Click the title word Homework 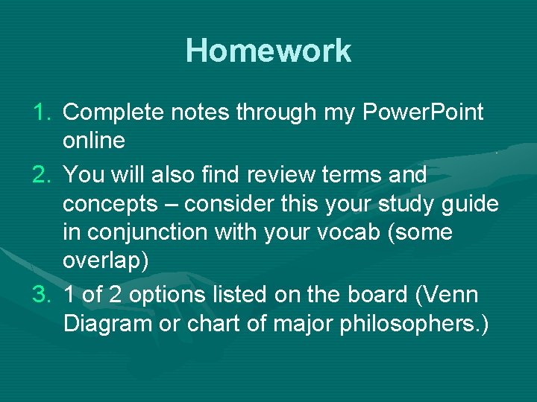pos(268,51)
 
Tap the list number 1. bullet pos(43,112)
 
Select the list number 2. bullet pos(43,175)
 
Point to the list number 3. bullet pos(43,295)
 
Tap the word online pos(93,141)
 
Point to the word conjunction pos(145,232)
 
